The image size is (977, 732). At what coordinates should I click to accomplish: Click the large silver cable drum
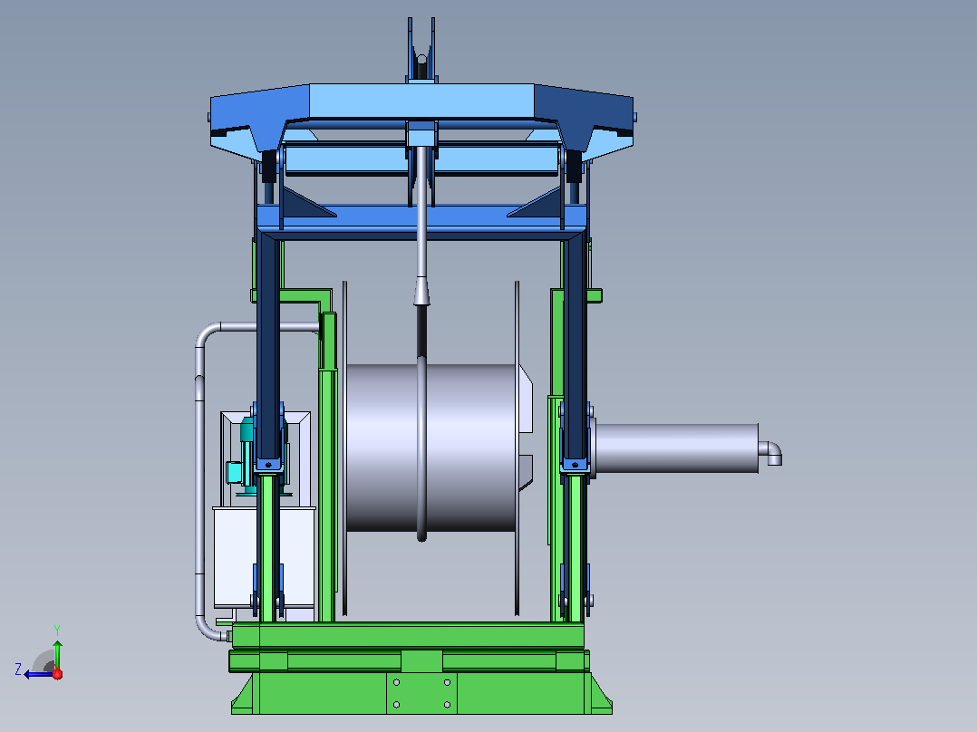(x=431, y=448)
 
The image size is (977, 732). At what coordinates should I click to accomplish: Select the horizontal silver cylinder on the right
(x=677, y=448)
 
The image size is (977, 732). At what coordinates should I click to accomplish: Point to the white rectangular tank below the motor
(x=265, y=557)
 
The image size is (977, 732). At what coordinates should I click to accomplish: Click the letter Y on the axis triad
(x=57, y=630)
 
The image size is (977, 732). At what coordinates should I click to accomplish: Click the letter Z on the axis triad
(x=18, y=669)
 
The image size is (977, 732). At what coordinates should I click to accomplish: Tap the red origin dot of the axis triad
(x=57, y=674)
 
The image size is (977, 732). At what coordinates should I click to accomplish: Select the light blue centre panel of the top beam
(x=421, y=101)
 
